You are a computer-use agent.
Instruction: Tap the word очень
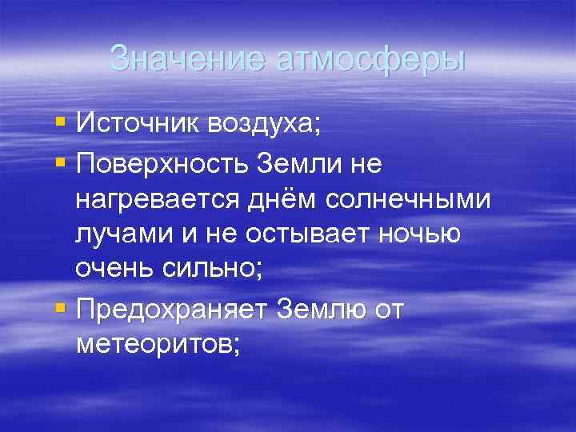(x=117, y=269)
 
